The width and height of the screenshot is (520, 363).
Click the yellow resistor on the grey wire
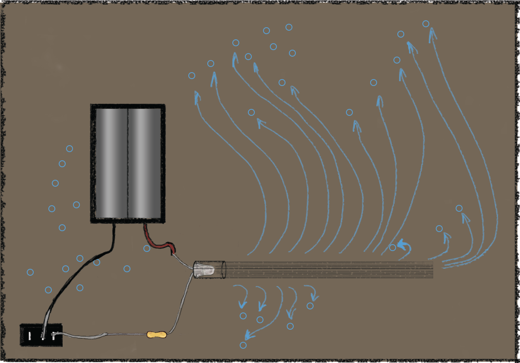pos(156,334)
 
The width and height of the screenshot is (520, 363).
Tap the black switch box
pos(41,335)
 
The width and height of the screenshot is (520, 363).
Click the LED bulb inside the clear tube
pos(206,271)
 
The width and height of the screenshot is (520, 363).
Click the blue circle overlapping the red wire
pos(147,248)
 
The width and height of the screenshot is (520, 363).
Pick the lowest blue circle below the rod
pos(243,345)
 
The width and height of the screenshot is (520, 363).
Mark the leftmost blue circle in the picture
pos(30,272)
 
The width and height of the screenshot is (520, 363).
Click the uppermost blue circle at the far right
pos(426,24)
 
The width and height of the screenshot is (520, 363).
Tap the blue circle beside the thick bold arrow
pos(392,248)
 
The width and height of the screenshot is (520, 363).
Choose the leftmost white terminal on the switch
pos(29,336)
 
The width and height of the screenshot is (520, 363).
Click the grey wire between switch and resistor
pos(104,334)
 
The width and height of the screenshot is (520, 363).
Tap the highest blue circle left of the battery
pos(69,149)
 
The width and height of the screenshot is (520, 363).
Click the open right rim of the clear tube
pos(224,270)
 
